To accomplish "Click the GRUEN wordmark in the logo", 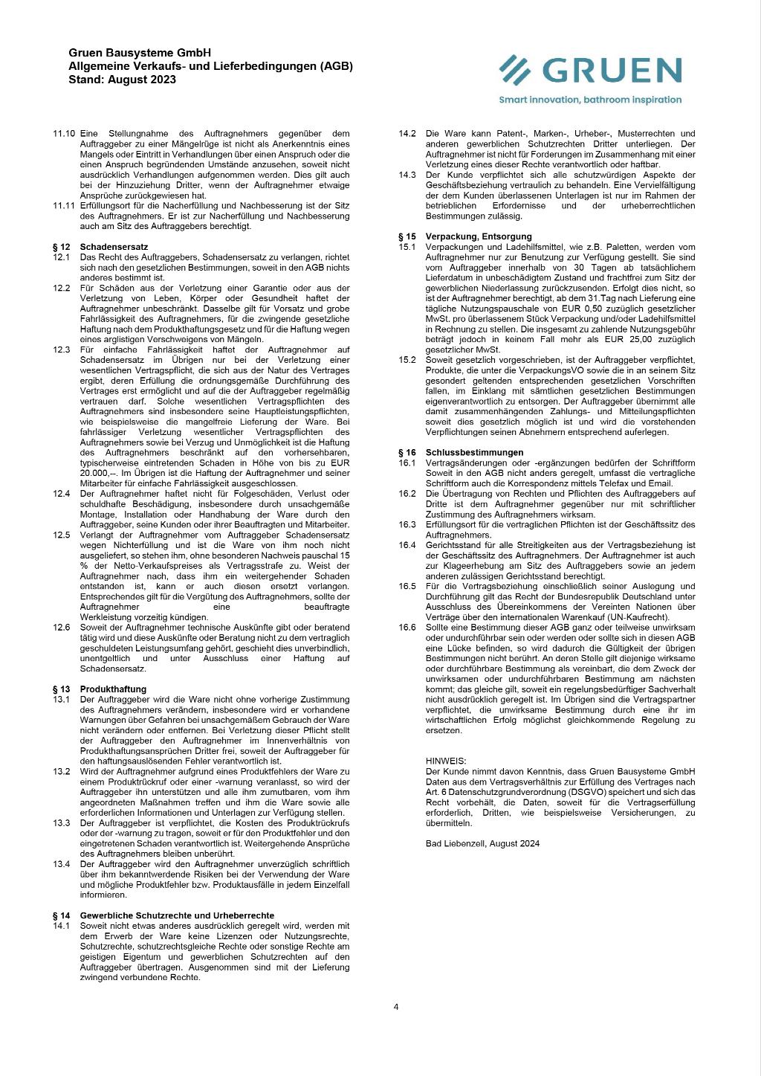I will (613, 71).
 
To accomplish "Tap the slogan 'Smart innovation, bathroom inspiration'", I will (590, 100).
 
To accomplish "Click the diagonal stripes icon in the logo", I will (514, 71).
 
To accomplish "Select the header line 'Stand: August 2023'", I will (122, 79).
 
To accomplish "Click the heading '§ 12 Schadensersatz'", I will (100, 246).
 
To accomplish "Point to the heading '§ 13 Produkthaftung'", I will (100, 689).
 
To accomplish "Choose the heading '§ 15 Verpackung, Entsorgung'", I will (464, 236).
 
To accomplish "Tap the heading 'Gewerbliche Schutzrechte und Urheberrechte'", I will (177, 915).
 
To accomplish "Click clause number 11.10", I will (64, 134).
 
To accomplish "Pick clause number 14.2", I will (407, 134).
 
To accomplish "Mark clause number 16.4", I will (407, 545).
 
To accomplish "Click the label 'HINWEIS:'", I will (446, 761).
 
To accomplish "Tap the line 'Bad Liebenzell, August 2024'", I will (482, 843).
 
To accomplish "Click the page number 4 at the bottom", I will (396, 1007).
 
